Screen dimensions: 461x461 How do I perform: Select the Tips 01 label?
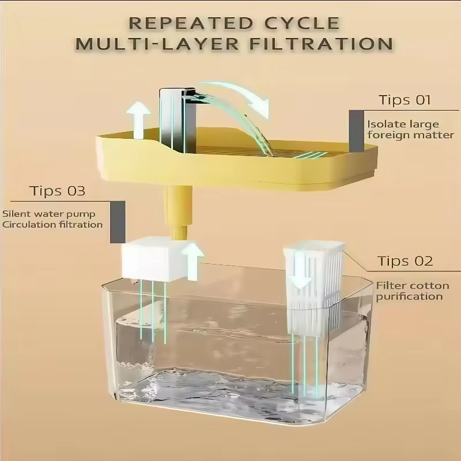405,100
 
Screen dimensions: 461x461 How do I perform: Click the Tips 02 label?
405,261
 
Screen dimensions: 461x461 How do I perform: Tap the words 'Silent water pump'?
48,214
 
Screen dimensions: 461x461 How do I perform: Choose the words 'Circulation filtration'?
52,224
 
